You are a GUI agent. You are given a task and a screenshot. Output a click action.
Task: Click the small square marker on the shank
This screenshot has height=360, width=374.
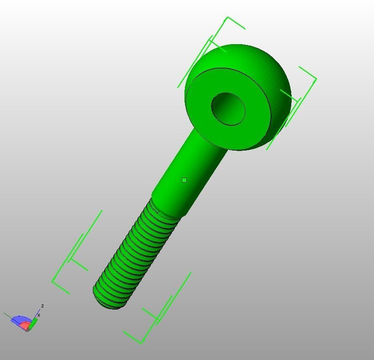[x=184, y=180]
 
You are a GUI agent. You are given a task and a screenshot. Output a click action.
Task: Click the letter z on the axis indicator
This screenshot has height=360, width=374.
[x=42, y=306]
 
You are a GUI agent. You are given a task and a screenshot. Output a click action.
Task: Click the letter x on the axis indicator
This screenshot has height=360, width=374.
[x=39, y=315]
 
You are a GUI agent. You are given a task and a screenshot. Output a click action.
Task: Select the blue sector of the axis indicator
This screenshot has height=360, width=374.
[x=19, y=320]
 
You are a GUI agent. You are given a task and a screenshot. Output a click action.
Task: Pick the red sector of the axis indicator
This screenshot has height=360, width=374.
[x=25, y=326]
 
